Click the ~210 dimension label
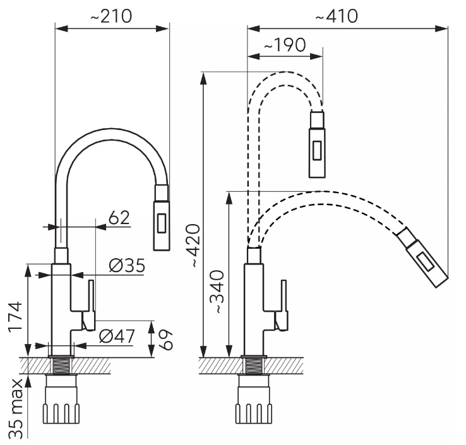[111, 16]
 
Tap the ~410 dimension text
[337, 16]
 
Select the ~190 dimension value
[285, 45]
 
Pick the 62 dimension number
[119, 218]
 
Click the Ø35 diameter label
[127, 265]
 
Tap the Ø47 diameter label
[117, 336]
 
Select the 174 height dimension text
[15, 317]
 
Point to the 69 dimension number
[165, 340]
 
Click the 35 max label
[15, 409]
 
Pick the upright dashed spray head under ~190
[317, 144]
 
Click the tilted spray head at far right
[422, 258]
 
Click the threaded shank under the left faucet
[61, 365]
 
